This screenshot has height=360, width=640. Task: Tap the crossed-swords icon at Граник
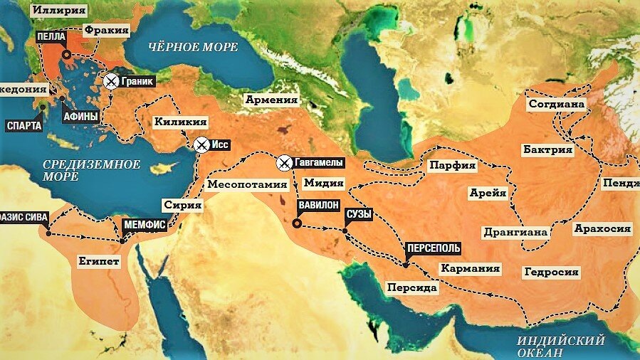tap(110, 81)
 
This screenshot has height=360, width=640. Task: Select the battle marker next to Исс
tap(201, 144)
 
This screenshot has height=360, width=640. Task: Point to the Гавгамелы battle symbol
tap(285, 163)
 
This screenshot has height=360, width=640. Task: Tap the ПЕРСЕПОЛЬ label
tap(433, 249)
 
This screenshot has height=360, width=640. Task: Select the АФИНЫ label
tap(80, 115)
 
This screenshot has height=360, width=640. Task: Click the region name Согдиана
tap(557, 105)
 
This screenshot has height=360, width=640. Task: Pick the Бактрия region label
tap(547, 149)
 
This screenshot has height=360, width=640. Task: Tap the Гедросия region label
tap(551, 272)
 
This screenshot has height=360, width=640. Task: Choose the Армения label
tap(271, 100)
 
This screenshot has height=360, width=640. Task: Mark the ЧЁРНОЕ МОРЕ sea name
tap(193, 47)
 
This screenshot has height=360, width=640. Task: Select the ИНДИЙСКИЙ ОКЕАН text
tap(561, 346)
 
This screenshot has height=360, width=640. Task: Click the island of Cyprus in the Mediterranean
tap(165, 168)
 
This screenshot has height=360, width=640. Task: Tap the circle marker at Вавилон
tap(297, 223)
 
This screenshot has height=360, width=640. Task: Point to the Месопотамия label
tap(237, 184)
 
